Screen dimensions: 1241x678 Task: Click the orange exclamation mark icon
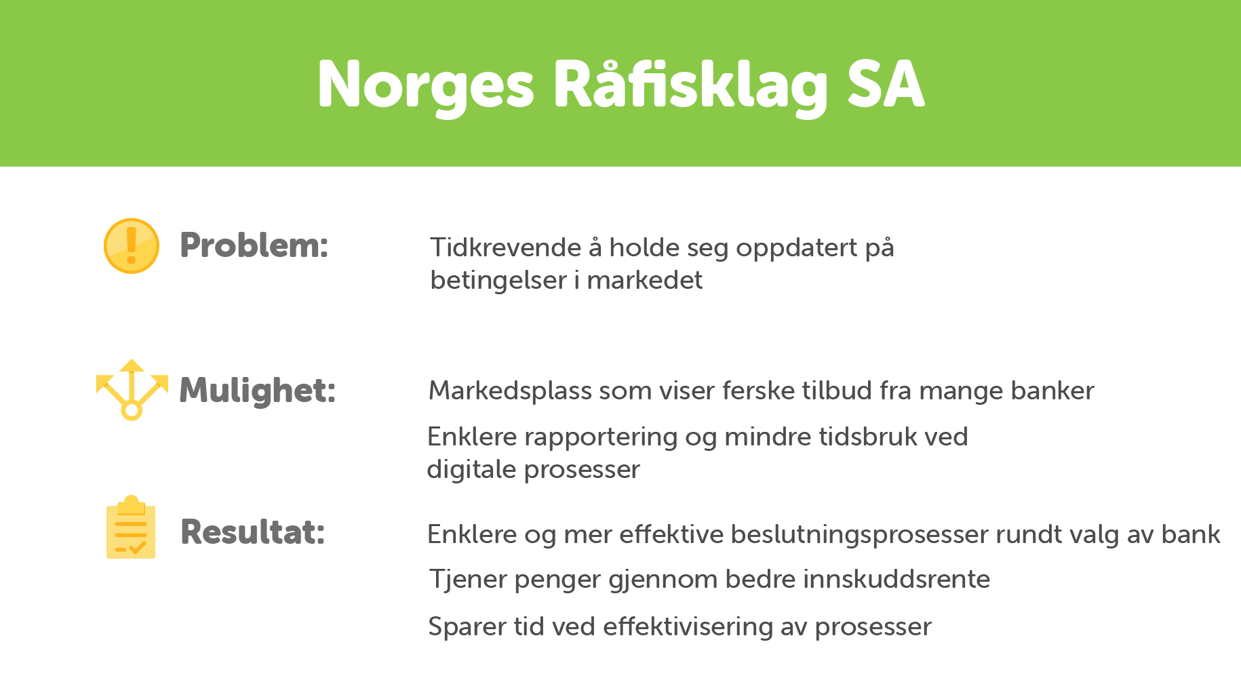[x=132, y=245]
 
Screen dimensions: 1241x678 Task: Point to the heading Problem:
[x=254, y=245]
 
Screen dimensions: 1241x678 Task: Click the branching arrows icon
[x=132, y=390]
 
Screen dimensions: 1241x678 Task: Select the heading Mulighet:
[x=257, y=391]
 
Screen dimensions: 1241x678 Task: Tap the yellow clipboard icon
[x=131, y=527]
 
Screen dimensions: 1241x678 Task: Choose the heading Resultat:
[x=252, y=532]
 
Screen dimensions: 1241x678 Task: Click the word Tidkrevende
[x=505, y=247]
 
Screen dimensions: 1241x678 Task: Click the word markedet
[x=644, y=280]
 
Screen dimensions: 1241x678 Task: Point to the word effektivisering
[x=688, y=627]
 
